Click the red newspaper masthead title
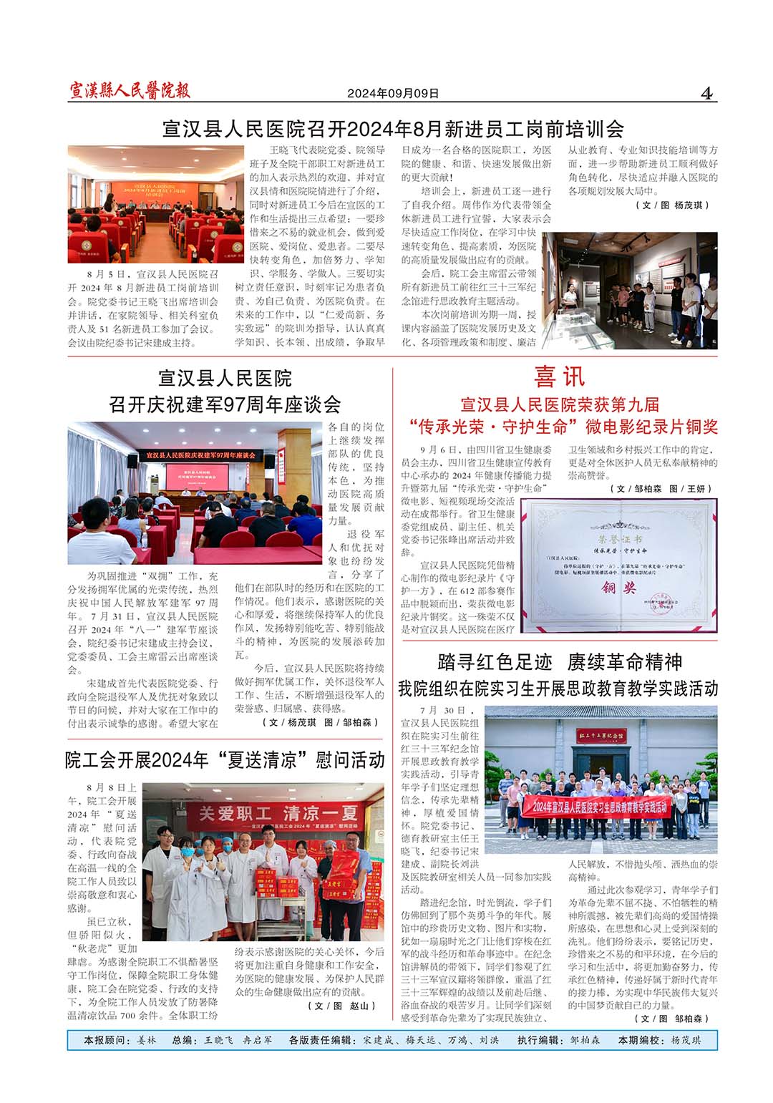tap(130, 91)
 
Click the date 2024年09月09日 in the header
tap(393, 94)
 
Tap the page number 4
tap(707, 93)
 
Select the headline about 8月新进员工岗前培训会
tap(393, 130)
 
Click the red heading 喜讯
tap(559, 376)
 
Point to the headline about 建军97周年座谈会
tap(225, 404)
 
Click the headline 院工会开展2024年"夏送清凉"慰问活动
tap(225, 760)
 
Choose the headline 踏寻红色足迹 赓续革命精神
tap(559, 661)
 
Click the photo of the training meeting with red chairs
tap(155, 205)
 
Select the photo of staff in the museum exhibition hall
tap(630, 290)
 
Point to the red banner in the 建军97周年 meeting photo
tap(200, 455)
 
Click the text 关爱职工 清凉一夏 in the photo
tap(278, 813)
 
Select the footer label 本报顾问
tap(107, 1041)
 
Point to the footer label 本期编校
tap(641, 1041)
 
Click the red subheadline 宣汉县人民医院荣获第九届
tap(559, 405)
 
